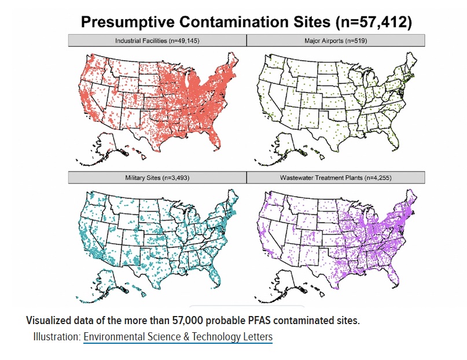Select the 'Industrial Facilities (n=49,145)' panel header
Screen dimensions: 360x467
point(157,41)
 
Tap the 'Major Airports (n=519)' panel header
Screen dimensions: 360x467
point(336,41)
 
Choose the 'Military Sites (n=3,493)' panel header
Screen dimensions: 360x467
point(157,178)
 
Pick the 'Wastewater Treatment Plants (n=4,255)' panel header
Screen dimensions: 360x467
point(336,178)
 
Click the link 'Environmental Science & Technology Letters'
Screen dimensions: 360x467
point(178,337)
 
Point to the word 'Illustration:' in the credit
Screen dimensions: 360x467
point(56,337)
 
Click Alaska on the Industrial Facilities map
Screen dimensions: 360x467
point(107,146)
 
